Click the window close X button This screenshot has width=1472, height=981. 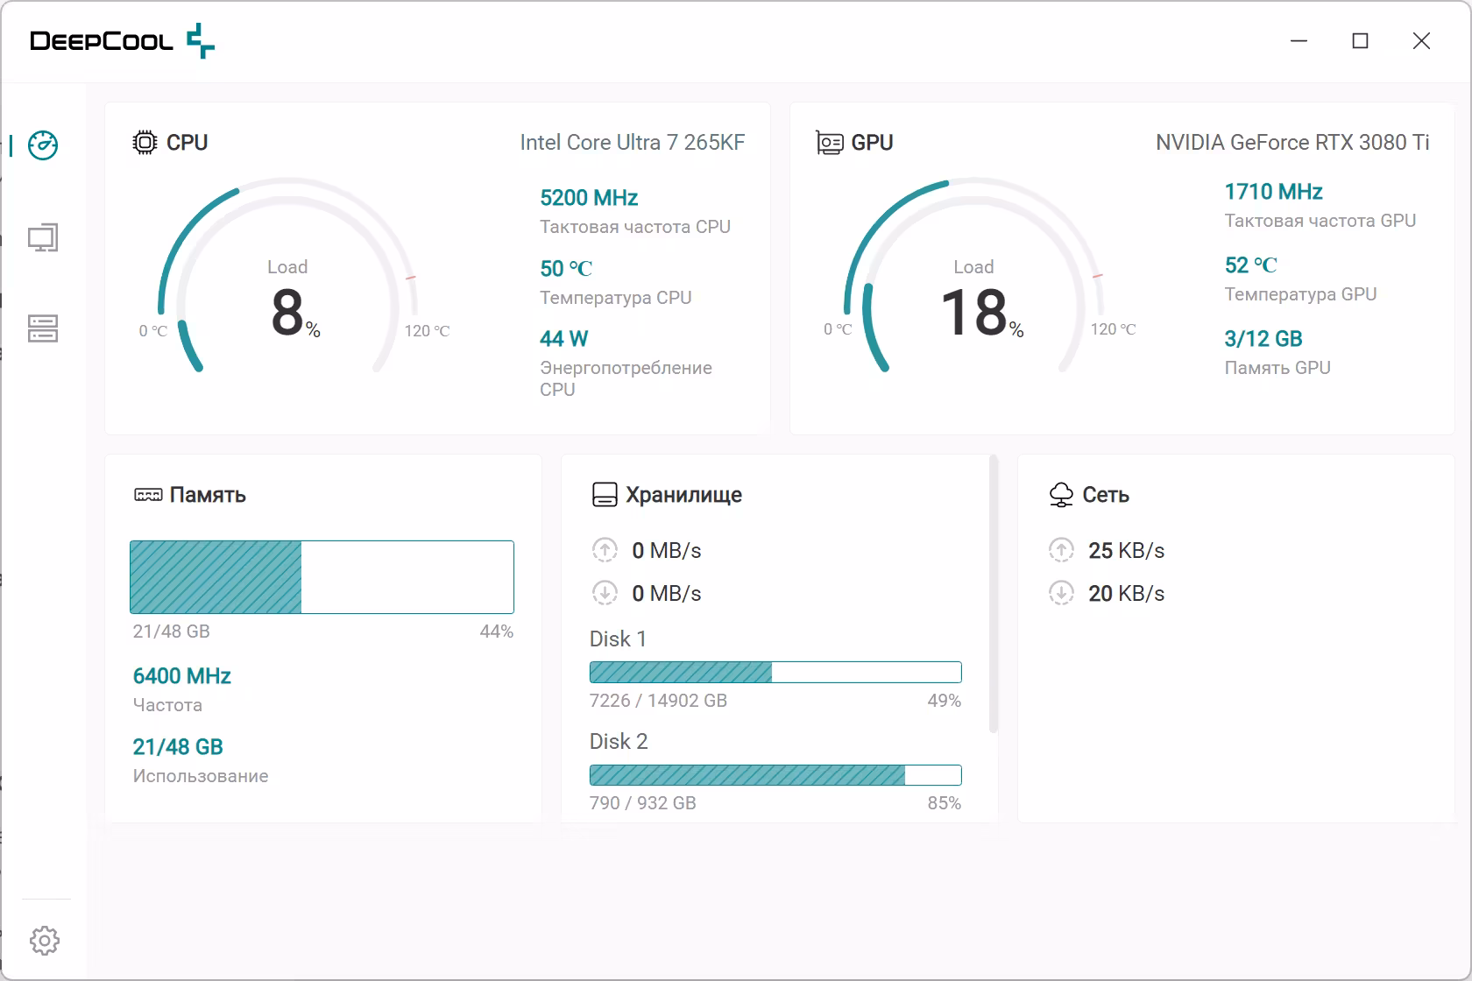click(1421, 41)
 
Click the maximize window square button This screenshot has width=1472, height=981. click(1360, 41)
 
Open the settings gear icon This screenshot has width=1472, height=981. click(45, 940)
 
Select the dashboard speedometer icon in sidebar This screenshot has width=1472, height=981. click(43, 145)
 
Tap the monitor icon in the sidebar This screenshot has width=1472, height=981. click(43, 237)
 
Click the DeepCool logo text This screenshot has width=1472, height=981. click(102, 41)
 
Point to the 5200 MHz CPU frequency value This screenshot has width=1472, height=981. click(589, 197)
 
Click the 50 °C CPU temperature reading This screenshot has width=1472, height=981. click(566, 268)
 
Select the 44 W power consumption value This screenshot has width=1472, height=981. click(564, 338)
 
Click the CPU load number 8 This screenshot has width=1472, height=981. click(287, 312)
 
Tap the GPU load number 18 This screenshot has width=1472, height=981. click(974, 312)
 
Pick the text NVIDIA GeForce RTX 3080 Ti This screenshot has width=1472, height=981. click(1292, 142)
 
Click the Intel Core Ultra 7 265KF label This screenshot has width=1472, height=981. click(633, 142)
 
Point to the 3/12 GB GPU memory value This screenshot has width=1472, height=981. click(1263, 338)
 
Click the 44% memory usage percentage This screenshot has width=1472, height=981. click(496, 632)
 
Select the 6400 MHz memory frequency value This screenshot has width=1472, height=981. click(182, 675)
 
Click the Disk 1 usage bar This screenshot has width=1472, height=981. click(775, 672)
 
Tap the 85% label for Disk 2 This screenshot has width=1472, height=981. click(945, 803)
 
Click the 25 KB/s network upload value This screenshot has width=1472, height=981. click(1127, 550)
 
